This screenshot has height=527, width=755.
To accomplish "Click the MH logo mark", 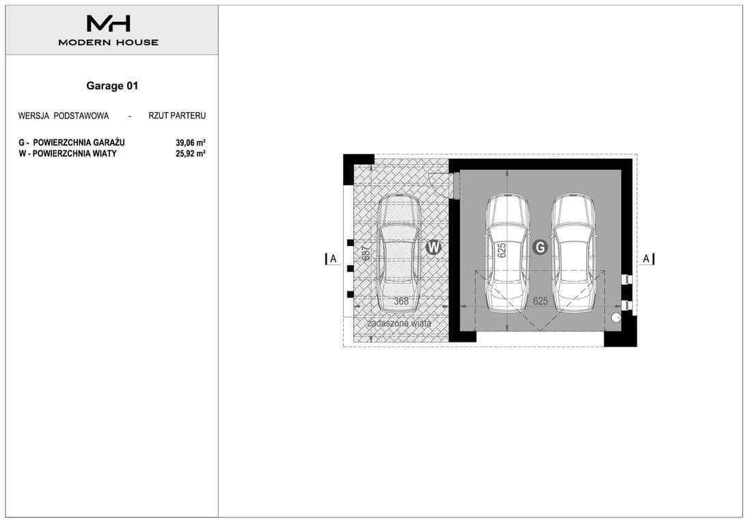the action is (x=109, y=23).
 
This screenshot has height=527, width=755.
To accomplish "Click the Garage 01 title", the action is (x=112, y=85).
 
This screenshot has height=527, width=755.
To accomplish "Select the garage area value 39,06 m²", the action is (x=191, y=143).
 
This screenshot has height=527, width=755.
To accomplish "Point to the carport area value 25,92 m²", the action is (x=191, y=154).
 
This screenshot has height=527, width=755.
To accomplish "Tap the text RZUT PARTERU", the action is (x=177, y=116).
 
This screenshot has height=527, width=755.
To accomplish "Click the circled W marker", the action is (x=434, y=247).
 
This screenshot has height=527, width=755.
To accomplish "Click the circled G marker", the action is (x=540, y=247).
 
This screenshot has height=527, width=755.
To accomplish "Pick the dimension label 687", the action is (x=366, y=254).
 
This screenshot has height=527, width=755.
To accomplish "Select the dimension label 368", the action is (x=401, y=301).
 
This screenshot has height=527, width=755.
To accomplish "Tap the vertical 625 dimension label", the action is (x=502, y=250).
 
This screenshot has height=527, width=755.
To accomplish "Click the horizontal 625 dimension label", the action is (x=540, y=301).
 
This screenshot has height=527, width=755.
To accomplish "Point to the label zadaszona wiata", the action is (x=399, y=323).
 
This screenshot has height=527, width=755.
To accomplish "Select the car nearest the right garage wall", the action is (x=574, y=254).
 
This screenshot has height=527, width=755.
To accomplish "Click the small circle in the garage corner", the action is (x=616, y=318).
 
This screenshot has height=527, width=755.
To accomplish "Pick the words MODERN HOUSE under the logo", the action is (x=109, y=42).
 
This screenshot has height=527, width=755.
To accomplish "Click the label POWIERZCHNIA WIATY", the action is (x=74, y=154).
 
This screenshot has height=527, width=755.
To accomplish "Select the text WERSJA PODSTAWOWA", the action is (x=64, y=116).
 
